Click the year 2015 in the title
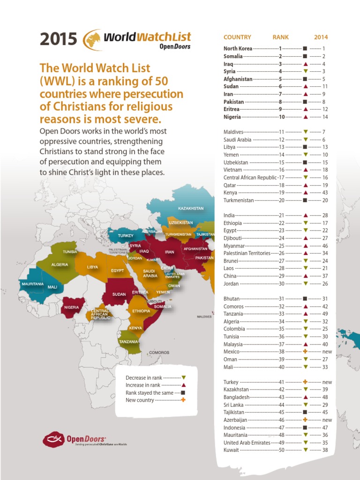59,39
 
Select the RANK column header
281,37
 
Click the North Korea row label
238,48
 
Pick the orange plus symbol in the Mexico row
305,351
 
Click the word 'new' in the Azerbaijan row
327,420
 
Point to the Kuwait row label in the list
231,450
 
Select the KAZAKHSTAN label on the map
191,208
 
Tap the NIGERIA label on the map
72,307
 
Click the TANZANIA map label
128,342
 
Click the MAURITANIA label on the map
32,284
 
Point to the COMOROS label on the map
159,352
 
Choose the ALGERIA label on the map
60,264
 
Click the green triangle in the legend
184,377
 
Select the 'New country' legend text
140,400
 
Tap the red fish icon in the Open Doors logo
53,439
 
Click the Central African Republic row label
250,178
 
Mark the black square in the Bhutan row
305,299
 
